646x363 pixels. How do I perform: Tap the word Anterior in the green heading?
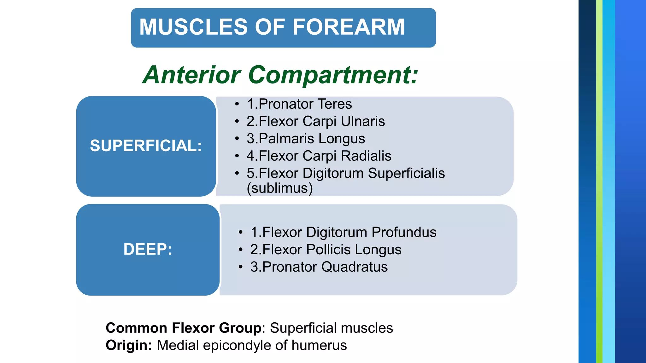pos(192,75)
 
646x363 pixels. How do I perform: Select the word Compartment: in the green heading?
pos(333,75)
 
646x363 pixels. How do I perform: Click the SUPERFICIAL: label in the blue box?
pos(146,146)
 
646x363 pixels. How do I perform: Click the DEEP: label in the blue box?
pos(148,249)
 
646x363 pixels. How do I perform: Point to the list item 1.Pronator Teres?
pos(299,104)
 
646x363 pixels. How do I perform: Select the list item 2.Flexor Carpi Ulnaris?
pos(315,121)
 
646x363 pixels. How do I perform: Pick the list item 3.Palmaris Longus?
pos(306,139)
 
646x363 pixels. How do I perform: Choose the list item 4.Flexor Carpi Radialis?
pos(319,156)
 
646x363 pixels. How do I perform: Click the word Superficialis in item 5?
pos(406,173)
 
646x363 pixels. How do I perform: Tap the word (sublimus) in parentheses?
pos(280,188)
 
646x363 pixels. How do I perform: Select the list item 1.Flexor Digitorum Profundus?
pos(343,232)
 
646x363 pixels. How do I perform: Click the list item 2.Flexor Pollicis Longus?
pos(326,250)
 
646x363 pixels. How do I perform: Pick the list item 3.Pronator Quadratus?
pos(319,267)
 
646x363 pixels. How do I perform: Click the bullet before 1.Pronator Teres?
pos(237,104)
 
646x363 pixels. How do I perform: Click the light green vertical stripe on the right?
pos(599,181)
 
